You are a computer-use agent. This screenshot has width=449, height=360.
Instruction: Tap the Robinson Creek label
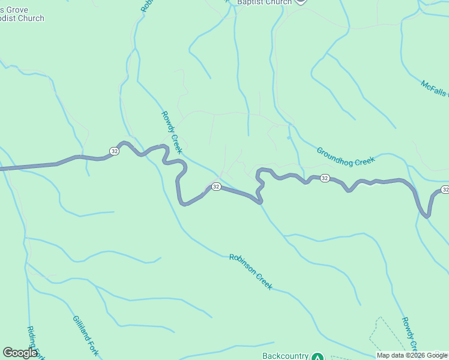point(251,272)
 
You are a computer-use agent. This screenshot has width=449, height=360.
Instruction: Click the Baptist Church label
point(264,2)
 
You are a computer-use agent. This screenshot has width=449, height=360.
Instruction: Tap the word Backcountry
point(285,356)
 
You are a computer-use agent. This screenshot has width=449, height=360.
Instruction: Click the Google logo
point(20,353)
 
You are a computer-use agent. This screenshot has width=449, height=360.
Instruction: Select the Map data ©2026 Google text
point(412,355)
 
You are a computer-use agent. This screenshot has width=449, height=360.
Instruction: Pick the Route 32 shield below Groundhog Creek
point(324,178)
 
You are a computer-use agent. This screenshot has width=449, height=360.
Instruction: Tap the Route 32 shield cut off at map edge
point(444,190)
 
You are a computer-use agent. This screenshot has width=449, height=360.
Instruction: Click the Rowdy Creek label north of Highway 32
point(172,132)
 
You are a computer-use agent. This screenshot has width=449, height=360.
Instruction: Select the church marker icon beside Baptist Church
point(301,2)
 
